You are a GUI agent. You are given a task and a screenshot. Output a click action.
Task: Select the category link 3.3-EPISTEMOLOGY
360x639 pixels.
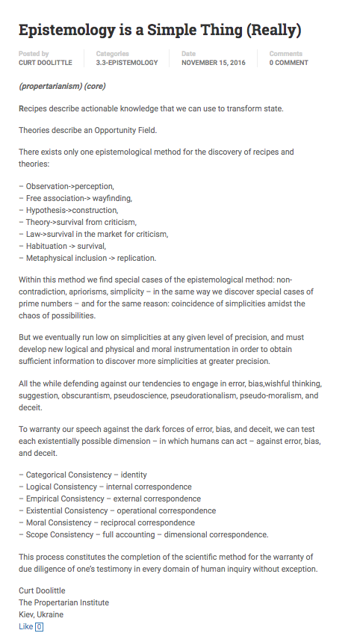[127, 63]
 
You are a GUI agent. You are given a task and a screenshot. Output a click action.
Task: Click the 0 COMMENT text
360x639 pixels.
[288, 63]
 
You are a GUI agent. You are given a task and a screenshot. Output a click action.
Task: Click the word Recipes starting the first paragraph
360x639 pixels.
[34, 108]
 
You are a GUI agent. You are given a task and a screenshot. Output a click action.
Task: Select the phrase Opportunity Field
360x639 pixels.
[125, 130]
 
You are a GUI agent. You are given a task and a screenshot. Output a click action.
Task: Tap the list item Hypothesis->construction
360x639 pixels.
[69, 210]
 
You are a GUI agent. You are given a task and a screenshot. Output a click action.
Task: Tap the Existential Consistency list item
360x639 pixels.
[117, 510]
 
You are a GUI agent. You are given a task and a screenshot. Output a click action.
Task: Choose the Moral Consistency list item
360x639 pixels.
[111, 522]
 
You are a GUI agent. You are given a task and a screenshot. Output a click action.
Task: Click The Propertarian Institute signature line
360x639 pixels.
[63, 602]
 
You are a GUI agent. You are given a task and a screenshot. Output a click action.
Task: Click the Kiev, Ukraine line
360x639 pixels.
[41, 614]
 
